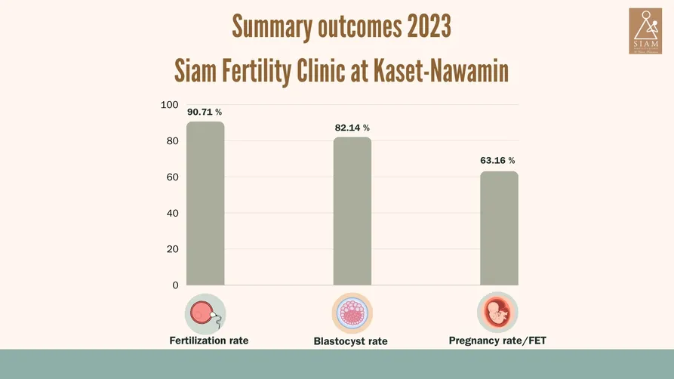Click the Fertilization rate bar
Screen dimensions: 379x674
(205, 203)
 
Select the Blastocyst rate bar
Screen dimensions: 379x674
(352, 211)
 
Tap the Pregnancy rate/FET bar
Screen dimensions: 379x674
(499, 228)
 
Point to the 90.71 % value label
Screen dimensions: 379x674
(205, 112)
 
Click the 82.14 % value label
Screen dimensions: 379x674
(352, 128)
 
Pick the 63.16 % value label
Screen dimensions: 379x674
(497, 160)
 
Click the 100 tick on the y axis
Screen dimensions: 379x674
(170, 105)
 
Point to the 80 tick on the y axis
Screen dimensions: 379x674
(172, 141)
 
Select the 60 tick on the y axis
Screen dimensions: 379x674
(172, 177)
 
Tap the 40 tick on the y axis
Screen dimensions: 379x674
(172, 213)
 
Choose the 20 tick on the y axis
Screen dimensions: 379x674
(172, 249)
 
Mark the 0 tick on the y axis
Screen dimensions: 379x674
(175, 285)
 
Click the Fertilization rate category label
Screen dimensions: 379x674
(209, 340)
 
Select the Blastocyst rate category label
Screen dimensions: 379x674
(350, 341)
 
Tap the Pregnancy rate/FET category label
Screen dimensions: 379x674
(497, 340)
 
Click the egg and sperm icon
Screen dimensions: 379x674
(205, 313)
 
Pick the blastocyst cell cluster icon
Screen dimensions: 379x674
(352, 313)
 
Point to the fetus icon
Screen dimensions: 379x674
(497, 313)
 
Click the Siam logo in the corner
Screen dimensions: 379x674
(645, 31)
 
